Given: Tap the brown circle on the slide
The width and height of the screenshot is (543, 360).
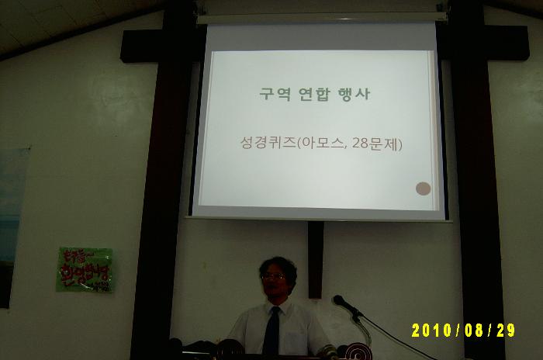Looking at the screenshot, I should pos(423,188).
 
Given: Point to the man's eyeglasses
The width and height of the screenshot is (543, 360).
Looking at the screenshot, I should pos(274,276).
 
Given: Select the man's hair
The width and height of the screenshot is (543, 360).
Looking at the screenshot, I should pos(278,263).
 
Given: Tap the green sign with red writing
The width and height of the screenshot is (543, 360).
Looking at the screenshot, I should pos(85,269).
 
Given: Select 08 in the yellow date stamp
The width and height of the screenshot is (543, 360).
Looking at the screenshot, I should pos(473,331).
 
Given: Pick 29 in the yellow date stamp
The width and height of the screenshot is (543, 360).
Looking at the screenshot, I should pos(505,331).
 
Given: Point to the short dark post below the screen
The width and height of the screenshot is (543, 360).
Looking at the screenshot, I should pos(315,259).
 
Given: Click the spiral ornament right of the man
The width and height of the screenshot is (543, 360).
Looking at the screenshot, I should pos(358,351).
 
